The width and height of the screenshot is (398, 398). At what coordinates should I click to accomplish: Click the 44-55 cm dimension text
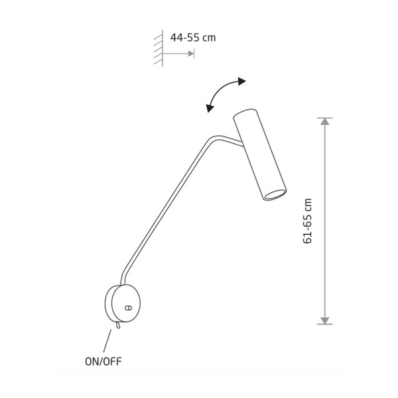(x=193, y=38)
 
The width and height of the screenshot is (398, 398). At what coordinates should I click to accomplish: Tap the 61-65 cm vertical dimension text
(x=307, y=221)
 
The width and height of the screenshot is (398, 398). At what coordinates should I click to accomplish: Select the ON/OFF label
(x=103, y=362)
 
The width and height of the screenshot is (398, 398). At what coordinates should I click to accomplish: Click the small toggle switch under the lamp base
(x=117, y=325)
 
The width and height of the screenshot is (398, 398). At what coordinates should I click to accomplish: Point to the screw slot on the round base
(x=129, y=308)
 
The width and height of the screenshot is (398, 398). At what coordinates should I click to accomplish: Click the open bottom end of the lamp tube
(x=275, y=194)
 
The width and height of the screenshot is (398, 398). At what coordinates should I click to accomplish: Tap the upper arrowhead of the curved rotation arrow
(x=241, y=81)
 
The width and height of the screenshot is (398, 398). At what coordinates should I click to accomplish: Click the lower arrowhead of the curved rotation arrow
(x=210, y=108)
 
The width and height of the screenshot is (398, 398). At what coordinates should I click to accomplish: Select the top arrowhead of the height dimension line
(x=324, y=121)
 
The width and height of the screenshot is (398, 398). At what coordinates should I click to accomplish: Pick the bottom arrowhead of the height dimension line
(x=324, y=320)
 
